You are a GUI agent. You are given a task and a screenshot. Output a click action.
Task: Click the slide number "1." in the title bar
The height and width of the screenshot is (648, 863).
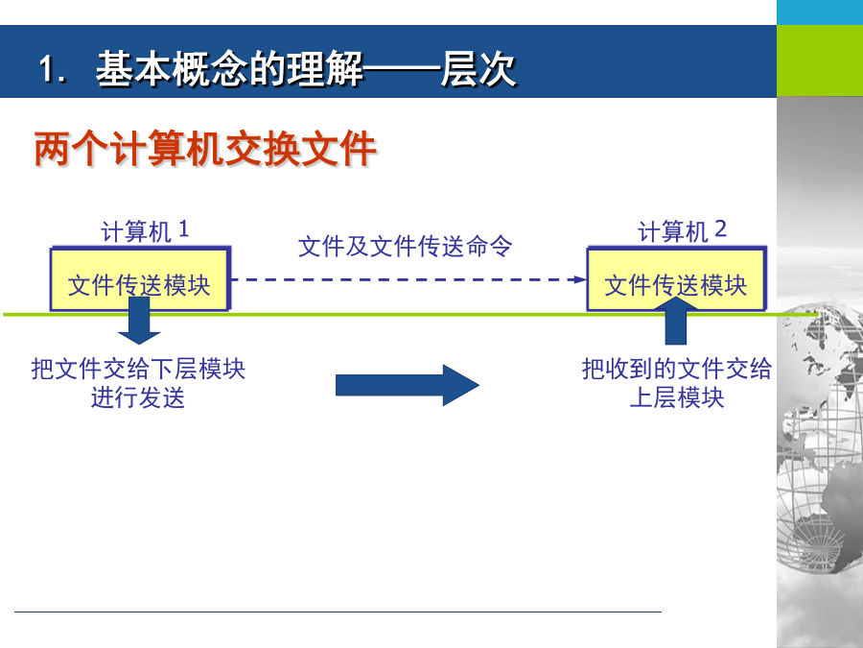(53, 70)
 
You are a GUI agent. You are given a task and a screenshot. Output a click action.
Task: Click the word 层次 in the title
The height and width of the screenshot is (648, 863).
(478, 69)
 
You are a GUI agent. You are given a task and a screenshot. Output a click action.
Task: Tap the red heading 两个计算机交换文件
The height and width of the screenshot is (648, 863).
(205, 149)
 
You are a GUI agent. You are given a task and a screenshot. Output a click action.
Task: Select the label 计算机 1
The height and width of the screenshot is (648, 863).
(145, 230)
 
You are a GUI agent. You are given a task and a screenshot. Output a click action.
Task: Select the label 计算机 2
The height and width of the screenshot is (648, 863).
(682, 230)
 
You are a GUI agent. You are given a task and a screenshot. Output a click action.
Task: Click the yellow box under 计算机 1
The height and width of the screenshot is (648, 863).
(140, 278)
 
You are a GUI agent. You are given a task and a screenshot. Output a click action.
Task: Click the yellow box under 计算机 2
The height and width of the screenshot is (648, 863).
(676, 278)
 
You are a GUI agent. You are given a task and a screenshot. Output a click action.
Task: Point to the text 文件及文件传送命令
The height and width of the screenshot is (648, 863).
(405, 246)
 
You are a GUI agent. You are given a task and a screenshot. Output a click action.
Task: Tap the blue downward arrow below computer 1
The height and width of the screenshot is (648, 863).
(139, 321)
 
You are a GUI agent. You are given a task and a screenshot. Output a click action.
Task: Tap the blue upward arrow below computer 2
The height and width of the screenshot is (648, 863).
(676, 321)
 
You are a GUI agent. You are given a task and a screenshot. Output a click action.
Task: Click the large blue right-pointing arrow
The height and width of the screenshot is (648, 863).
(408, 385)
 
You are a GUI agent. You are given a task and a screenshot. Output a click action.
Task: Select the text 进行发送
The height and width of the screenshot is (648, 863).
(137, 397)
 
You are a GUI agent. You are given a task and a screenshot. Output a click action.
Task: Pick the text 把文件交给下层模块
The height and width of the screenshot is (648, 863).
(138, 369)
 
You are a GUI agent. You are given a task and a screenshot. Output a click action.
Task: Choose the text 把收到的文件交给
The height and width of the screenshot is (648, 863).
(677, 369)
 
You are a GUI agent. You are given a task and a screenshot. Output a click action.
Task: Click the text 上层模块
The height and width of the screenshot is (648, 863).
(677, 397)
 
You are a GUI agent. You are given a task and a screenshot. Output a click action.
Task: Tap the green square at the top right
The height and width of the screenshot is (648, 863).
(820, 60)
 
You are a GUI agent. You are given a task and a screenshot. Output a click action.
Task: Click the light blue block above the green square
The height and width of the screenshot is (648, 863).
(820, 12)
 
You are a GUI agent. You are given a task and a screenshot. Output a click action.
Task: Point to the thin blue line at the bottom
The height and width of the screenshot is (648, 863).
(338, 612)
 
